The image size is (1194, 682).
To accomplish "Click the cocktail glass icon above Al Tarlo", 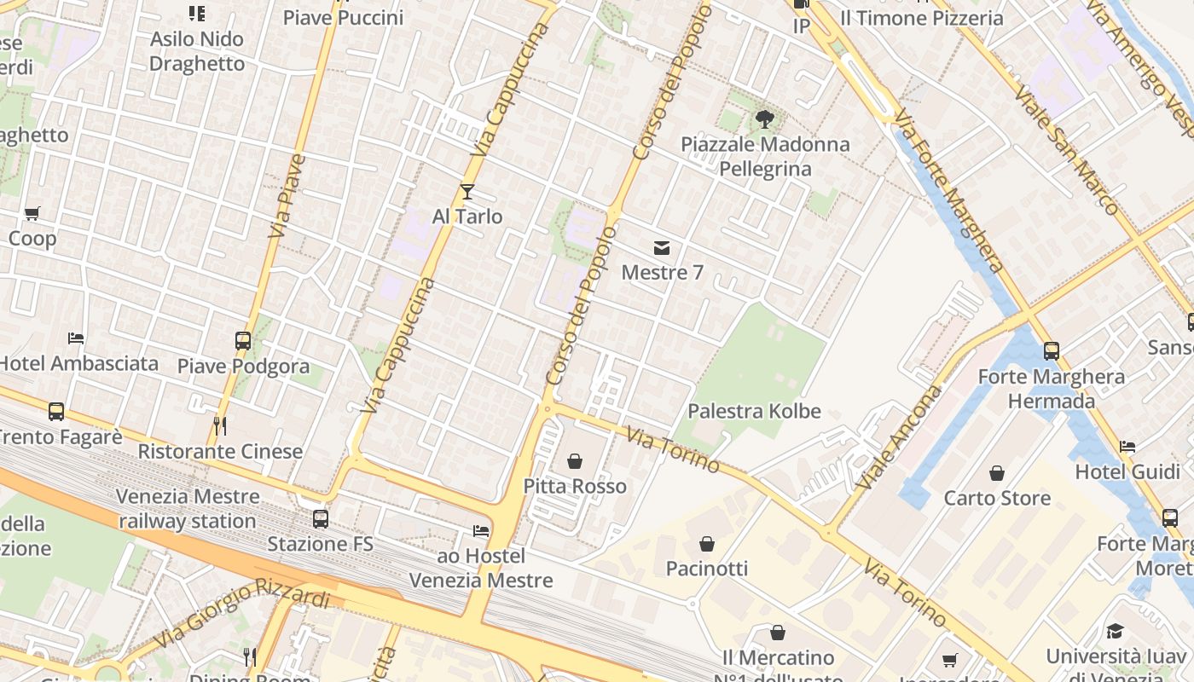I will pos(467,192).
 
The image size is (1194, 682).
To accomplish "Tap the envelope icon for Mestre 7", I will pos(662,248).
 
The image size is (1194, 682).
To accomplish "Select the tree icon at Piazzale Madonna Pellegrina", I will pos(764,119).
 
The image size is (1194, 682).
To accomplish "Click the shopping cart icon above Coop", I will pos(32,213).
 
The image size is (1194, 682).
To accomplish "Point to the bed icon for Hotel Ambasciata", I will pos(76,338).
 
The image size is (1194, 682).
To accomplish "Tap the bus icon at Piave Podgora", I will pos(243,341).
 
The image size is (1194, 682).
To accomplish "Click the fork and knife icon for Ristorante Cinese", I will pos(220,426).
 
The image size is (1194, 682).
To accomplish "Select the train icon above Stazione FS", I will pos(321,518).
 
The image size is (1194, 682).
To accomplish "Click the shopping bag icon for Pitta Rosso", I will pos(575,461).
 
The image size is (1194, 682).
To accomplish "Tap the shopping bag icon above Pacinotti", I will pos(706,543).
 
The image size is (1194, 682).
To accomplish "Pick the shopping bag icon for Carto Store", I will pos(996,473).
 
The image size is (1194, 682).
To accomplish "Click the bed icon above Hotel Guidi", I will pos(1127,447).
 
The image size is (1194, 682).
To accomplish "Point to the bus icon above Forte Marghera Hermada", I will pos(1051,350).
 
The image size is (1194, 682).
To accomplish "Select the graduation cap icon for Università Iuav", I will pos(1115,631).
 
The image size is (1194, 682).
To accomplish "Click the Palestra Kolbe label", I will pos(754,411).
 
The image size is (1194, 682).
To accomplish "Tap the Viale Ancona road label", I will pos(899,438).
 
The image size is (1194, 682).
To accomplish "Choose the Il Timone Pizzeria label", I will pos(921,18).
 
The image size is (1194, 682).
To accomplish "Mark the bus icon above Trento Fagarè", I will pos(56,412).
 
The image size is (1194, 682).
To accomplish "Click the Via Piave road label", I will pos(287,196).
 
